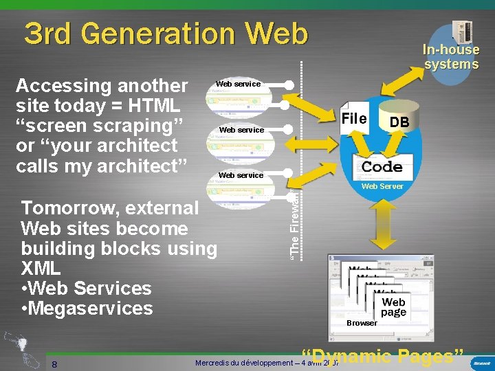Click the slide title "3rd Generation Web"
point(166,33)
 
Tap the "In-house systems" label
point(451,57)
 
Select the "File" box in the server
point(354,118)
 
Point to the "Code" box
point(382,166)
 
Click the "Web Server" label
point(383,186)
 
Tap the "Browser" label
point(362,322)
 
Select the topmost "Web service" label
point(238,84)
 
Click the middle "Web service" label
point(241,130)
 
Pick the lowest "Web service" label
point(241,175)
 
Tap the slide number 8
point(54,363)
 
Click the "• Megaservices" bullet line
point(87,308)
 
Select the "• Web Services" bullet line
point(87,288)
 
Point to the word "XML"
point(41,268)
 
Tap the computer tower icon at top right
point(460,31)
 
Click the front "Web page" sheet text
point(393,306)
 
